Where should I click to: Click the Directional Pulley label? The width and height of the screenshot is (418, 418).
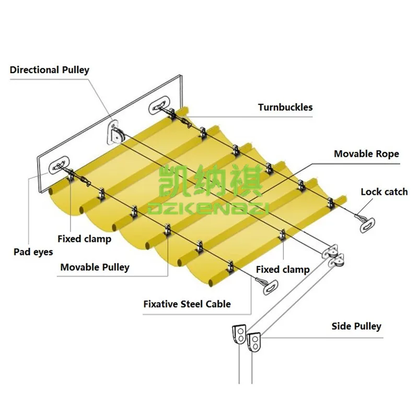click(x=50, y=70)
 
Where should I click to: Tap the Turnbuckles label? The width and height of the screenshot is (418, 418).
click(x=285, y=108)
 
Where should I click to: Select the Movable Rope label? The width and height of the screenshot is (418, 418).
click(x=366, y=154)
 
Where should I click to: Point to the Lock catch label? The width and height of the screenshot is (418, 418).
click(x=384, y=192)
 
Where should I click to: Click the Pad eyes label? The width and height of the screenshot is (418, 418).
click(x=33, y=252)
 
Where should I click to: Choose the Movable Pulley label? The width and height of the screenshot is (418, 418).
click(x=95, y=268)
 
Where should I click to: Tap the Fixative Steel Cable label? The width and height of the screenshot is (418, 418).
click(x=187, y=304)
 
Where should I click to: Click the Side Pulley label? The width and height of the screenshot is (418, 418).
click(x=356, y=327)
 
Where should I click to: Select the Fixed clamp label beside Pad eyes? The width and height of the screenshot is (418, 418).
click(x=84, y=239)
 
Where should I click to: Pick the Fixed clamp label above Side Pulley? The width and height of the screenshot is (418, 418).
click(x=283, y=270)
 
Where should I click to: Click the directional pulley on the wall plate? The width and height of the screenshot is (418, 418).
click(x=117, y=133)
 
